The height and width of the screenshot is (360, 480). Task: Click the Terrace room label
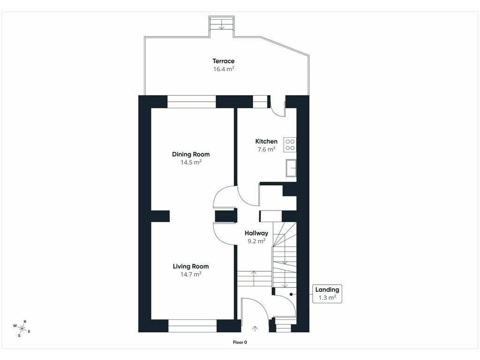(224, 61)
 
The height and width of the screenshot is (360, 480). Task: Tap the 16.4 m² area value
(224, 69)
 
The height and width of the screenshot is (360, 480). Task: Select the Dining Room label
(191, 154)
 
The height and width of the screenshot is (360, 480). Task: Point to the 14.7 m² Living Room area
(191, 274)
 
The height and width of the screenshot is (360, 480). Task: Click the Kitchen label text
(266, 141)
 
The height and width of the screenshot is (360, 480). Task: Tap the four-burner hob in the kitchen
(290, 145)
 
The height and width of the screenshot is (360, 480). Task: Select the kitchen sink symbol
(291, 168)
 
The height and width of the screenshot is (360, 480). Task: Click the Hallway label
(256, 233)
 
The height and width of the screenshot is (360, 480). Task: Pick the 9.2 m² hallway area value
(256, 241)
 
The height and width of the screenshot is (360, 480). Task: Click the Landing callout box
(327, 293)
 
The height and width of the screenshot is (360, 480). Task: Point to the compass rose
(22, 329)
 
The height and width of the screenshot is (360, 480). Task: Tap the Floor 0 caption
(240, 342)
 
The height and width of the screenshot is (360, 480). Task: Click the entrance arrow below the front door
(255, 329)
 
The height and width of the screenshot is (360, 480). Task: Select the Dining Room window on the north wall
(192, 102)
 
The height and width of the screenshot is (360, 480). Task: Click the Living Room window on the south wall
(193, 326)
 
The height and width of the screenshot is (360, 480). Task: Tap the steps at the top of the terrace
(222, 23)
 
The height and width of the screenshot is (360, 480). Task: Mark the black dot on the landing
(291, 294)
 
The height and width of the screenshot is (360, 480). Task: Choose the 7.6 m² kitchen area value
(266, 150)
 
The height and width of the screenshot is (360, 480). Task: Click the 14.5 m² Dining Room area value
(191, 162)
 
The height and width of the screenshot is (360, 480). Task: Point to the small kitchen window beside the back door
(260, 102)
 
